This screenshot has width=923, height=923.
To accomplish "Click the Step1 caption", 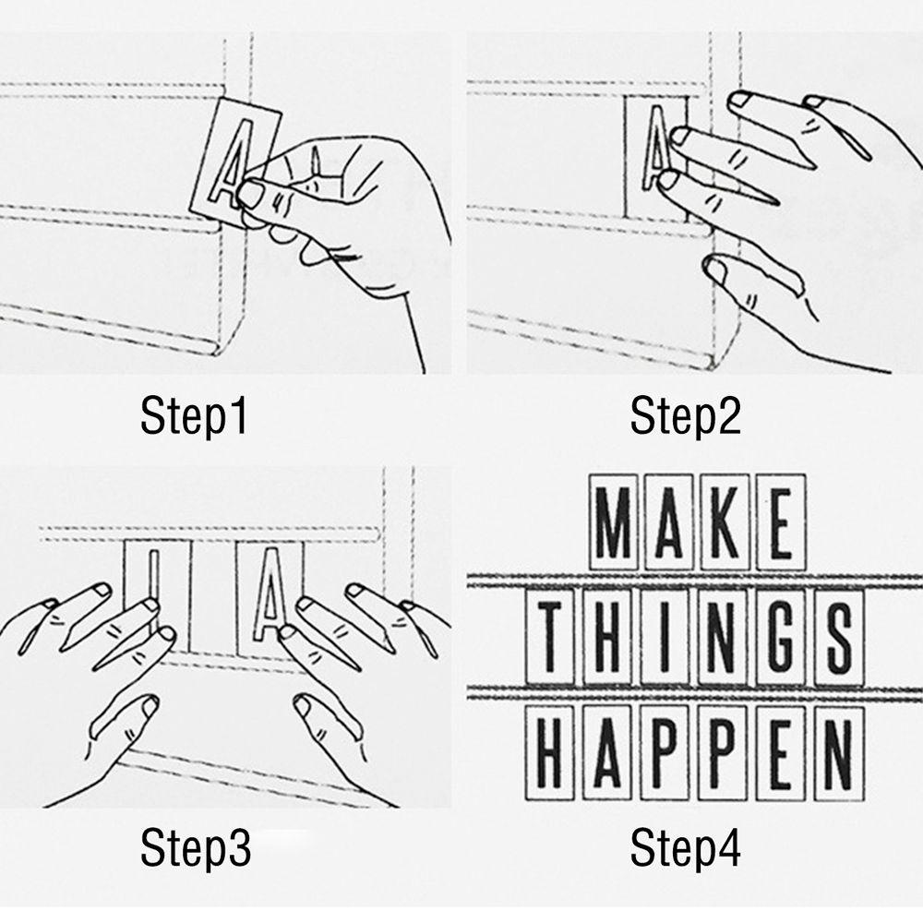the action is pos(194,416).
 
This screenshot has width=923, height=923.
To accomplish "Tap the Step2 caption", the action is pos(685,416).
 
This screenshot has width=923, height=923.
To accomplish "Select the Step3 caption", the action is pos(196,847).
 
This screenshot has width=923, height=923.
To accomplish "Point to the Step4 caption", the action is pos(685,847).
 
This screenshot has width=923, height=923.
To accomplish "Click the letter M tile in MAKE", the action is pos(613,522).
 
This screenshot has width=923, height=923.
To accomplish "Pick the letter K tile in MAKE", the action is pos(725,522).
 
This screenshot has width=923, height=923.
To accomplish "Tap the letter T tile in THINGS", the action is pos(549,638).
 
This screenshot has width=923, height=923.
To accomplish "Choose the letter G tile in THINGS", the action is pos(781,638).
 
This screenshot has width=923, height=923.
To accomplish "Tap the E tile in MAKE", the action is pos(781,522).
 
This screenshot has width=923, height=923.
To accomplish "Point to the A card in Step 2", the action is pos(655,157).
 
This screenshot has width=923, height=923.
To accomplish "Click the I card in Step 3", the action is pos(157,594).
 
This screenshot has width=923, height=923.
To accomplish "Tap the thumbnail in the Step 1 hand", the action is pos(250,194).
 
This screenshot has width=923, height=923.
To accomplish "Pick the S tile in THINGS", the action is pos(839,638).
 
